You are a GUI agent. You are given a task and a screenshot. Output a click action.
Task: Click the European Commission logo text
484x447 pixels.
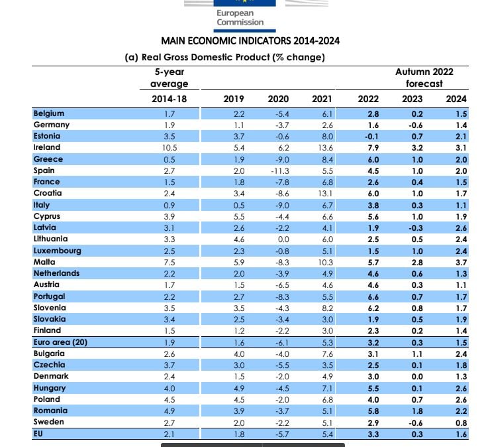pyautogui.click(x=240, y=18)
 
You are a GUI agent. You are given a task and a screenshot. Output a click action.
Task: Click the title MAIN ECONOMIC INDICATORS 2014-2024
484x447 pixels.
pyautogui.click(x=250, y=41)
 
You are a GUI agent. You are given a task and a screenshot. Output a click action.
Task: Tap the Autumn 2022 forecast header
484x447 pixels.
pyautogui.click(x=424, y=78)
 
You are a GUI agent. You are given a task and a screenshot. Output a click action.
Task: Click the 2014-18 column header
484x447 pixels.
pyautogui.click(x=169, y=99)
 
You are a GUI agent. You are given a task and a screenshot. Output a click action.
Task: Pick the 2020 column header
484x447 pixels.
pyautogui.click(x=278, y=99)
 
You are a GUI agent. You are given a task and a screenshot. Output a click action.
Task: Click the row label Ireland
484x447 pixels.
pyautogui.click(x=47, y=147)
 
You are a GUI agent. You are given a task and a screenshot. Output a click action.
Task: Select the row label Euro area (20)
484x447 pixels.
pyautogui.click(x=60, y=342)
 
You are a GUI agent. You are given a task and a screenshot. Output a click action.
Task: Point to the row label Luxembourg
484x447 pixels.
pyautogui.click(x=58, y=251)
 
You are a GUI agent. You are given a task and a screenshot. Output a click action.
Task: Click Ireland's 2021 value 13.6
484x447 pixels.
pyautogui.click(x=325, y=148)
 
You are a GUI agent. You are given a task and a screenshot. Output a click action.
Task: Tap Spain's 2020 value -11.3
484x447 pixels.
pyautogui.click(x=280, y=171)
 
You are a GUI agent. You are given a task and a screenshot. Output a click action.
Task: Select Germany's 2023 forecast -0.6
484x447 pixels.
pyautogui.click(x=416, y=125)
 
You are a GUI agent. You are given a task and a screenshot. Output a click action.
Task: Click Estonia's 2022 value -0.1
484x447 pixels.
pyautogui.click(x=371, y=137)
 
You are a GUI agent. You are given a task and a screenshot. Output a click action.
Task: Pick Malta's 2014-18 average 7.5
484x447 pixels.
pyautogui.click(x=169, y=263)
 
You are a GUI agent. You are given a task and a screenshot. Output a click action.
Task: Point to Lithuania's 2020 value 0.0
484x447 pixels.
pyautogui.click(x=283, y=239)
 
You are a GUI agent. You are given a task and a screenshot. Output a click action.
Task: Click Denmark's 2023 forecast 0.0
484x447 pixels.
pyautogui.click(x=417, y=377)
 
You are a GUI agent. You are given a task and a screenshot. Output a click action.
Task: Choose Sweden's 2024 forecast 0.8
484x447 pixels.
pyautogui.click(x=461, y=422)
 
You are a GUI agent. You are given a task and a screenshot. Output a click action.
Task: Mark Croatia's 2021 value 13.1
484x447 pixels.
pyautogui.click(x=325, y=194)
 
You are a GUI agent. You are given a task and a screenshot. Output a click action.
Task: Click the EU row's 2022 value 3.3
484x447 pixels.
pyautogui.click(x=373, y=434)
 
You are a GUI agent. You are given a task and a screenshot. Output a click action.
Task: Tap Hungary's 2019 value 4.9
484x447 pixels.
pyautogui.click(x=239, y=388)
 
